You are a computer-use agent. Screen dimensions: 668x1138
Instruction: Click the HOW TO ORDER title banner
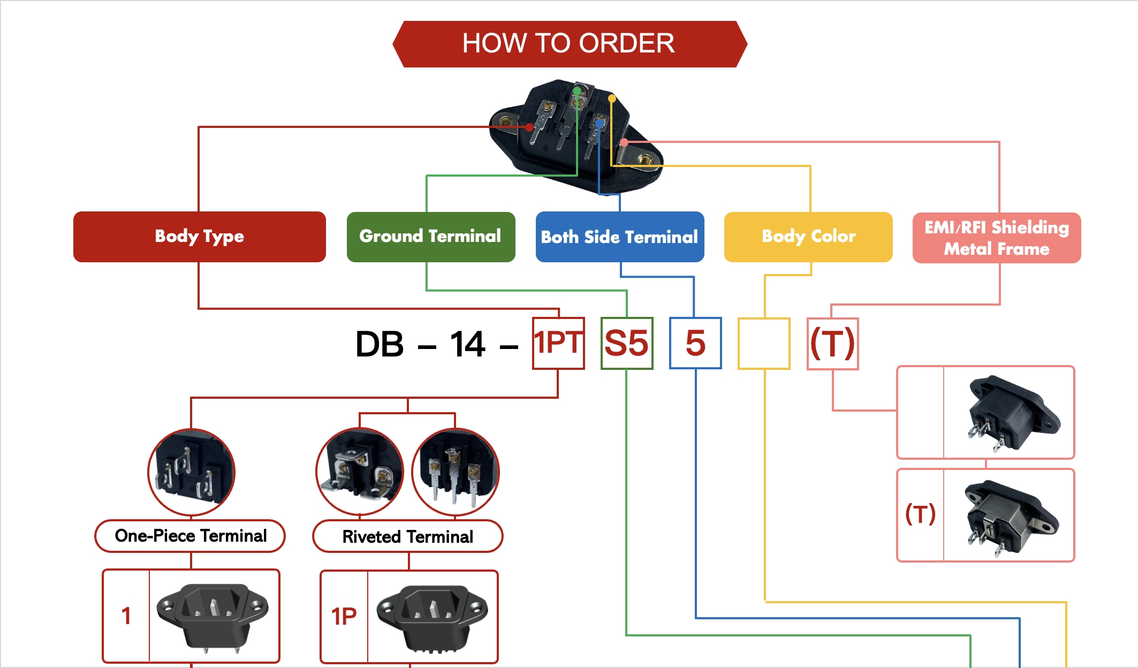point(569,44)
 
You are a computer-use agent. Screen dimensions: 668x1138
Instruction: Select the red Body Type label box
point(199,237)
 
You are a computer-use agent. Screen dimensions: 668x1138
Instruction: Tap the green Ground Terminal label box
point(430,237)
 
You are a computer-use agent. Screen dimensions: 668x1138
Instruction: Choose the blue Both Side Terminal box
point(619,237)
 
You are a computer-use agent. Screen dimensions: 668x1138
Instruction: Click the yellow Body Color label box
point(808,237)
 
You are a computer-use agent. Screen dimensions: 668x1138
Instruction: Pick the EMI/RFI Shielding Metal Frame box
point(996,238)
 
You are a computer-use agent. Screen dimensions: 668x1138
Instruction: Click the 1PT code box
point(558,343)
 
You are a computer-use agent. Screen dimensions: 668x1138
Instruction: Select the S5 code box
point(627,343)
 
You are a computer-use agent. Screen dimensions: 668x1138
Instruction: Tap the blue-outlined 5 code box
point(695,343)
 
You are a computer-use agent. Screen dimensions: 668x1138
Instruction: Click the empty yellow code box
point(764,344)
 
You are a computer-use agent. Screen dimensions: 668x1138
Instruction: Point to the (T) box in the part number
point(833,344)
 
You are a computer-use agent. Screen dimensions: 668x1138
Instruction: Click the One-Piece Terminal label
point(190,536)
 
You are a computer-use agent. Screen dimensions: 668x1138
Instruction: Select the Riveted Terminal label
point(407,536)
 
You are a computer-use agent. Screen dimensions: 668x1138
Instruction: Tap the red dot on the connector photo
point(529,127)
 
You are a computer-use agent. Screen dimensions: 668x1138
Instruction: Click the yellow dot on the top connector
point(612,98)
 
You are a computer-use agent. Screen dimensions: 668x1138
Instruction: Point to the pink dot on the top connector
point(624,142)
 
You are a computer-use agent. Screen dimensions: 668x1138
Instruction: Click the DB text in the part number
point(379,344)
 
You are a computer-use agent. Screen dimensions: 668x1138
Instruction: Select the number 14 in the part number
point(467,344)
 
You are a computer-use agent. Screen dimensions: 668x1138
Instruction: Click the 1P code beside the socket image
point(344,617)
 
